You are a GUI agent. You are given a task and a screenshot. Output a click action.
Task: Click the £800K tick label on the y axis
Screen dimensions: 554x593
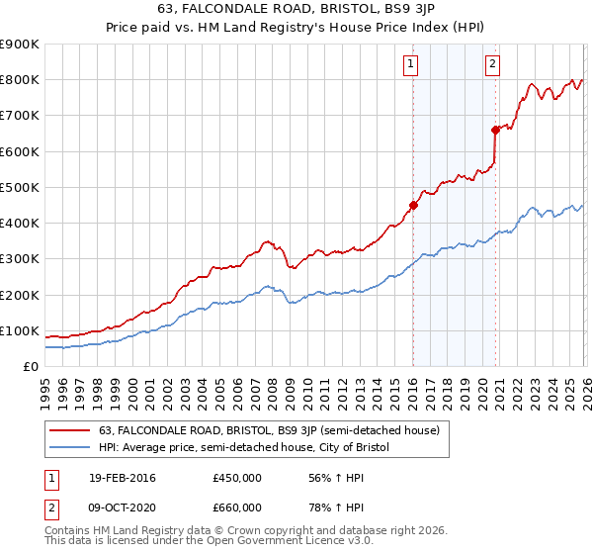pyautogui.click(x=20, y=80)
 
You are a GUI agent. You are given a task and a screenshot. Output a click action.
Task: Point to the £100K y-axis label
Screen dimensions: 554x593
pyautogui.click(x=20, y=330)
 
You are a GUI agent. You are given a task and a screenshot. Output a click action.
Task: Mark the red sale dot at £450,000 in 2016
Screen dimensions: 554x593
pyautogui.click(x=414, y=206)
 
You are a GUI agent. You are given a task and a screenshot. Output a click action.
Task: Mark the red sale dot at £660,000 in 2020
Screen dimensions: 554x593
pyautogui.click(x=495, y=130)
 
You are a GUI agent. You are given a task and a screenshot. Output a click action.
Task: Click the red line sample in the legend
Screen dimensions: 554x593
pyautogui.click(x=70, y=429)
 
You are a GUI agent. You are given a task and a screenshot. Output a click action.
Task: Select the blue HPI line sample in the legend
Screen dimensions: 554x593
pyautogui.click(x=70, y=448)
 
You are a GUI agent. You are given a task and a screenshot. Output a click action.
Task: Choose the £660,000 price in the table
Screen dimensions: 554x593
pyautogui.click(x=237, y=507)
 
